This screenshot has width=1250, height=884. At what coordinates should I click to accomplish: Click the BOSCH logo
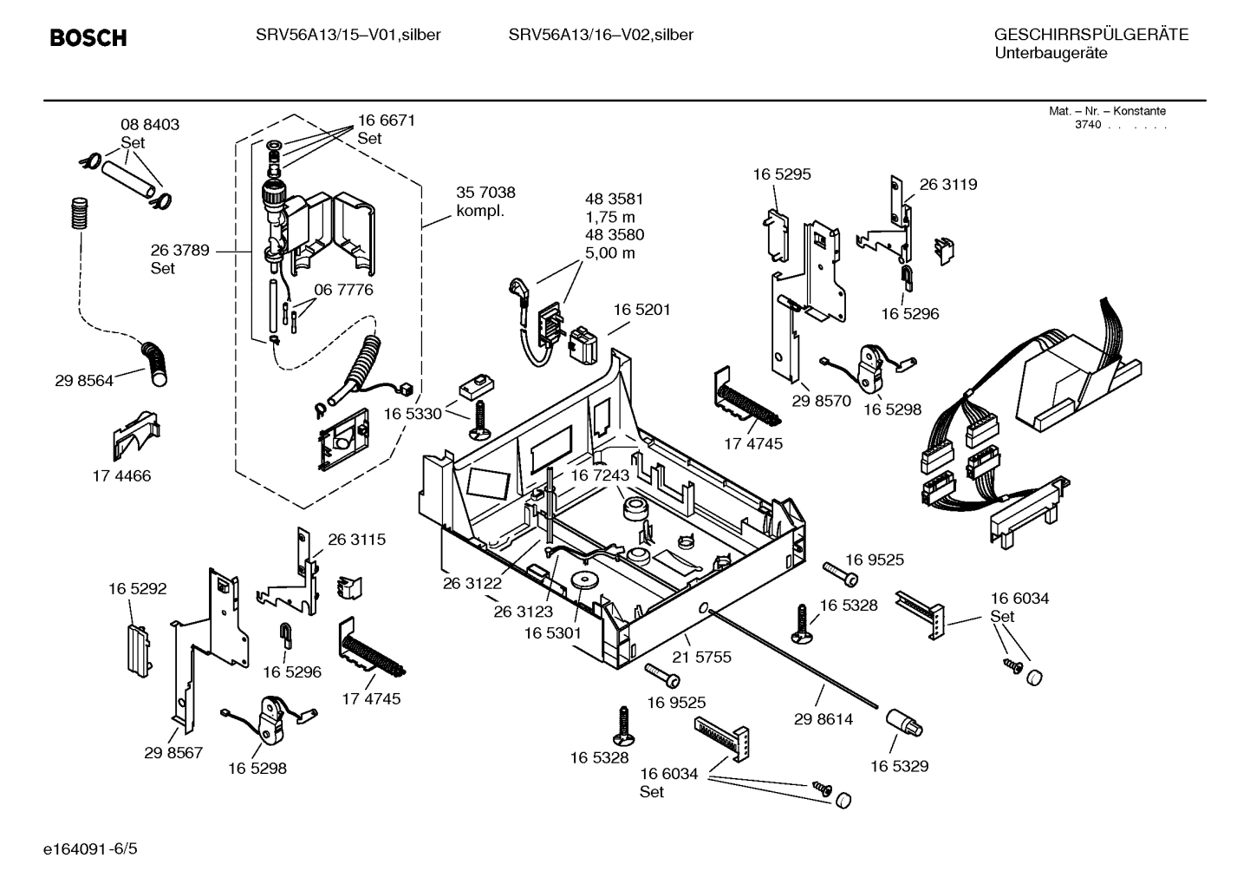(88, 37)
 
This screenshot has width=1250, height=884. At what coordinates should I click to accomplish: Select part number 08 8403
(150, 124)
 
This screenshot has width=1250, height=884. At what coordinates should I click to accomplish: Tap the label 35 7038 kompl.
(485, 201)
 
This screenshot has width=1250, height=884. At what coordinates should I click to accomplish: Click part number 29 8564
(84, 380)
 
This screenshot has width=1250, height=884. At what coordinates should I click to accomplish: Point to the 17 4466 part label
(121, 475)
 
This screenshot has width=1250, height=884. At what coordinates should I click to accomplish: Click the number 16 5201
(642, 309)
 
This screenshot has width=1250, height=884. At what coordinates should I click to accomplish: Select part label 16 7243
(600, 475)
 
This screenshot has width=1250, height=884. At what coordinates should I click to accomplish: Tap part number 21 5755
(702, 657)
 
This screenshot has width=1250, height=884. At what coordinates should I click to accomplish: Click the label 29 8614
(824, 718)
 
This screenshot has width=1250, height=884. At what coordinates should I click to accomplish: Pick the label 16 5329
(899, 766)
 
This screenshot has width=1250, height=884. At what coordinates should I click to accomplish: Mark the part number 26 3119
(948, 184)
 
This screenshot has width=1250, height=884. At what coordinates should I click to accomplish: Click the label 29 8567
(173, 752)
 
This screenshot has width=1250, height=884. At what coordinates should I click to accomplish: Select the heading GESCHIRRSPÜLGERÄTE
(1091, 35)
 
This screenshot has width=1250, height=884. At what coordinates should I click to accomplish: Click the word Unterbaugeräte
(1051, 53)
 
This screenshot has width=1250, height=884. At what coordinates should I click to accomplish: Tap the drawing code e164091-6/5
(90, 848)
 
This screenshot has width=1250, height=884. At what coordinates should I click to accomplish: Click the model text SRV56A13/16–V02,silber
(601, 35)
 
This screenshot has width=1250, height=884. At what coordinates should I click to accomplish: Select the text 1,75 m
(610, 217)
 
